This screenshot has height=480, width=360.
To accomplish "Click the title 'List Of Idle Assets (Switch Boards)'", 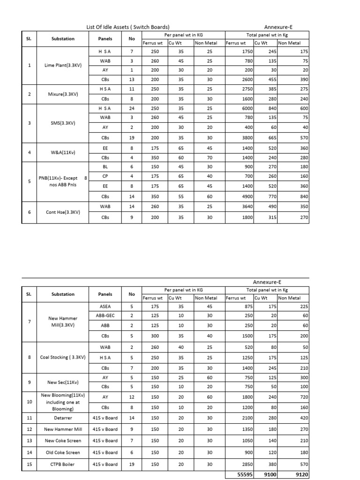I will click(128, 27).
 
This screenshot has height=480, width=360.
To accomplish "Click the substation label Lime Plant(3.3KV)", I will click(63, 65).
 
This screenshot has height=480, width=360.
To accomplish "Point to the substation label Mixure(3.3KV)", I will click(63, 94).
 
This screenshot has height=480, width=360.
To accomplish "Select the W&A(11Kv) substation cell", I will click(63, 152).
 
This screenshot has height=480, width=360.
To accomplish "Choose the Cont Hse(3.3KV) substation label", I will click(63, 212).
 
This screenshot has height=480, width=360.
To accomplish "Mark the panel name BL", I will click(105, 166).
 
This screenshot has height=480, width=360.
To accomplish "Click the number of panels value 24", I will click(132, 108).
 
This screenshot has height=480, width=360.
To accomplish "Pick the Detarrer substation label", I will click(63, 417).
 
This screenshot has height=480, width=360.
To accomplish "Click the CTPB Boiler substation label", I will click(63, 464).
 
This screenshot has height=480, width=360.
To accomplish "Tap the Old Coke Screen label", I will click(63, 452).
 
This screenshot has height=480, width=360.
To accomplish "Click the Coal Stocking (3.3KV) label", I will click(63, 357).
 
